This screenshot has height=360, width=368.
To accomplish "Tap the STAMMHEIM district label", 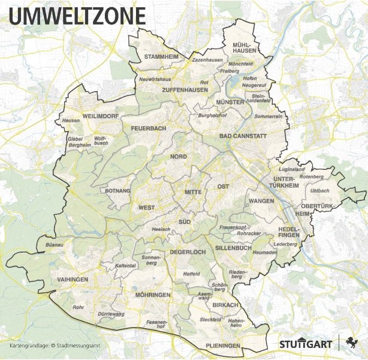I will [162, 57].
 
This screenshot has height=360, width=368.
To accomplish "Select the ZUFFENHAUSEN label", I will [185, 90].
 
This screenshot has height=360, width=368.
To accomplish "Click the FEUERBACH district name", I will [149, 128].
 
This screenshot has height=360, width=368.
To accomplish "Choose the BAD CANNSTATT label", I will [243, 136].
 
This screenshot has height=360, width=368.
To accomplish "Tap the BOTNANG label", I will [117, 191].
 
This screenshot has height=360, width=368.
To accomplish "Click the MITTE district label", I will [194, 192].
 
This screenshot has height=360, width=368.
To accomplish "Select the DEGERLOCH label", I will [188, 252].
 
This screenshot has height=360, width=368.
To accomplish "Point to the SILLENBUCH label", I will [233, 247].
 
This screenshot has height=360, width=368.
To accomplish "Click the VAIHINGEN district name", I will [73, 280].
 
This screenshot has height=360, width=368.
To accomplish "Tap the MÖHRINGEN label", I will [153, 295].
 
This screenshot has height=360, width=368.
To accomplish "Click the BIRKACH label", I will [226, 305].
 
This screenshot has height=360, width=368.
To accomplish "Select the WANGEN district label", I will [261, 201].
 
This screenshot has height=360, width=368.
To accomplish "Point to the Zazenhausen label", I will [207, 61].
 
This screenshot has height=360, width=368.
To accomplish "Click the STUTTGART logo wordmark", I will [305, 344].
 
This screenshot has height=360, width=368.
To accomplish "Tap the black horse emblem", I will [352, 343].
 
